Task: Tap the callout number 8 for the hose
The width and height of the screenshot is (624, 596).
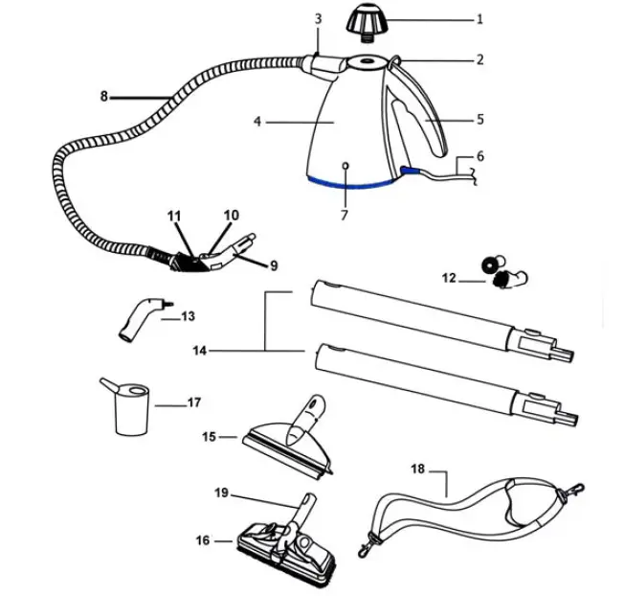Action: click(103, 96)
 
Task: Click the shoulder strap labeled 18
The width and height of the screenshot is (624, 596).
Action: click(459, 511)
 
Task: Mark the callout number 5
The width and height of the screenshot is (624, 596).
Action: click(480, 120)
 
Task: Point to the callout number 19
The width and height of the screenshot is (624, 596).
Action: click(220, 493)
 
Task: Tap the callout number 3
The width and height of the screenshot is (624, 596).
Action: click(318, 18)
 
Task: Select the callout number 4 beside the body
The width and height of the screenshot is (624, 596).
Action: click(256, 123)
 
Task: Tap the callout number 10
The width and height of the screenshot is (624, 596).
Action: click(231, 215)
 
